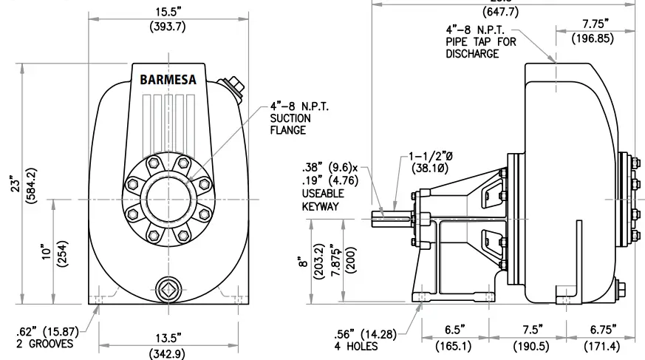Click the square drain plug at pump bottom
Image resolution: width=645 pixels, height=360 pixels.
click(x=168, y=288)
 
